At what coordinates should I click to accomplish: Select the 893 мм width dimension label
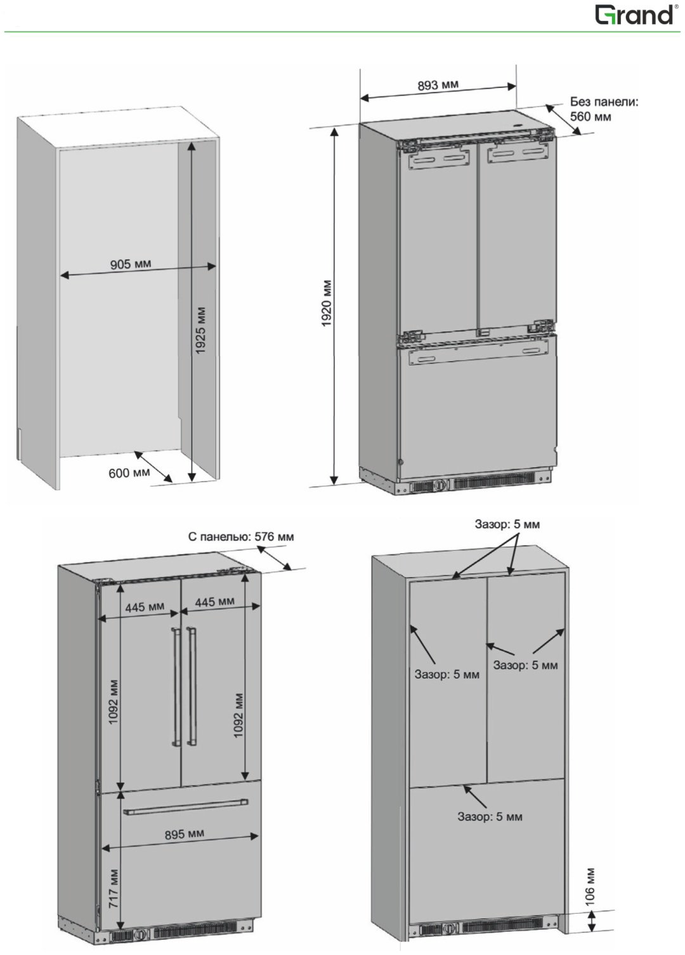coord(438,85)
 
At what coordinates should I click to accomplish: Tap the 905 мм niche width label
coord(131,264)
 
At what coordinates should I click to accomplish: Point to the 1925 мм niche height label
coord(200,330)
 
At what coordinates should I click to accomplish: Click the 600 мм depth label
coord(129,472)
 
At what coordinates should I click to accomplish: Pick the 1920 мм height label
coord(327,303)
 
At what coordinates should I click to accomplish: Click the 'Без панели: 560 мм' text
coord(603,109)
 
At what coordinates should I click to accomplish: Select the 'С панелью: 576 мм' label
coord(241,536)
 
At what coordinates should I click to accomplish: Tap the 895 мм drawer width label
coord(185,834)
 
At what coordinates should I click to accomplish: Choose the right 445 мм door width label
coord(214,601)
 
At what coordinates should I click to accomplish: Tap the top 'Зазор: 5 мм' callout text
coord(507,524)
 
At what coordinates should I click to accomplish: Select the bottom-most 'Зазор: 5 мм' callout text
coord(490,816)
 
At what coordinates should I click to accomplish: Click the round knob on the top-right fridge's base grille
coord(440,484)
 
